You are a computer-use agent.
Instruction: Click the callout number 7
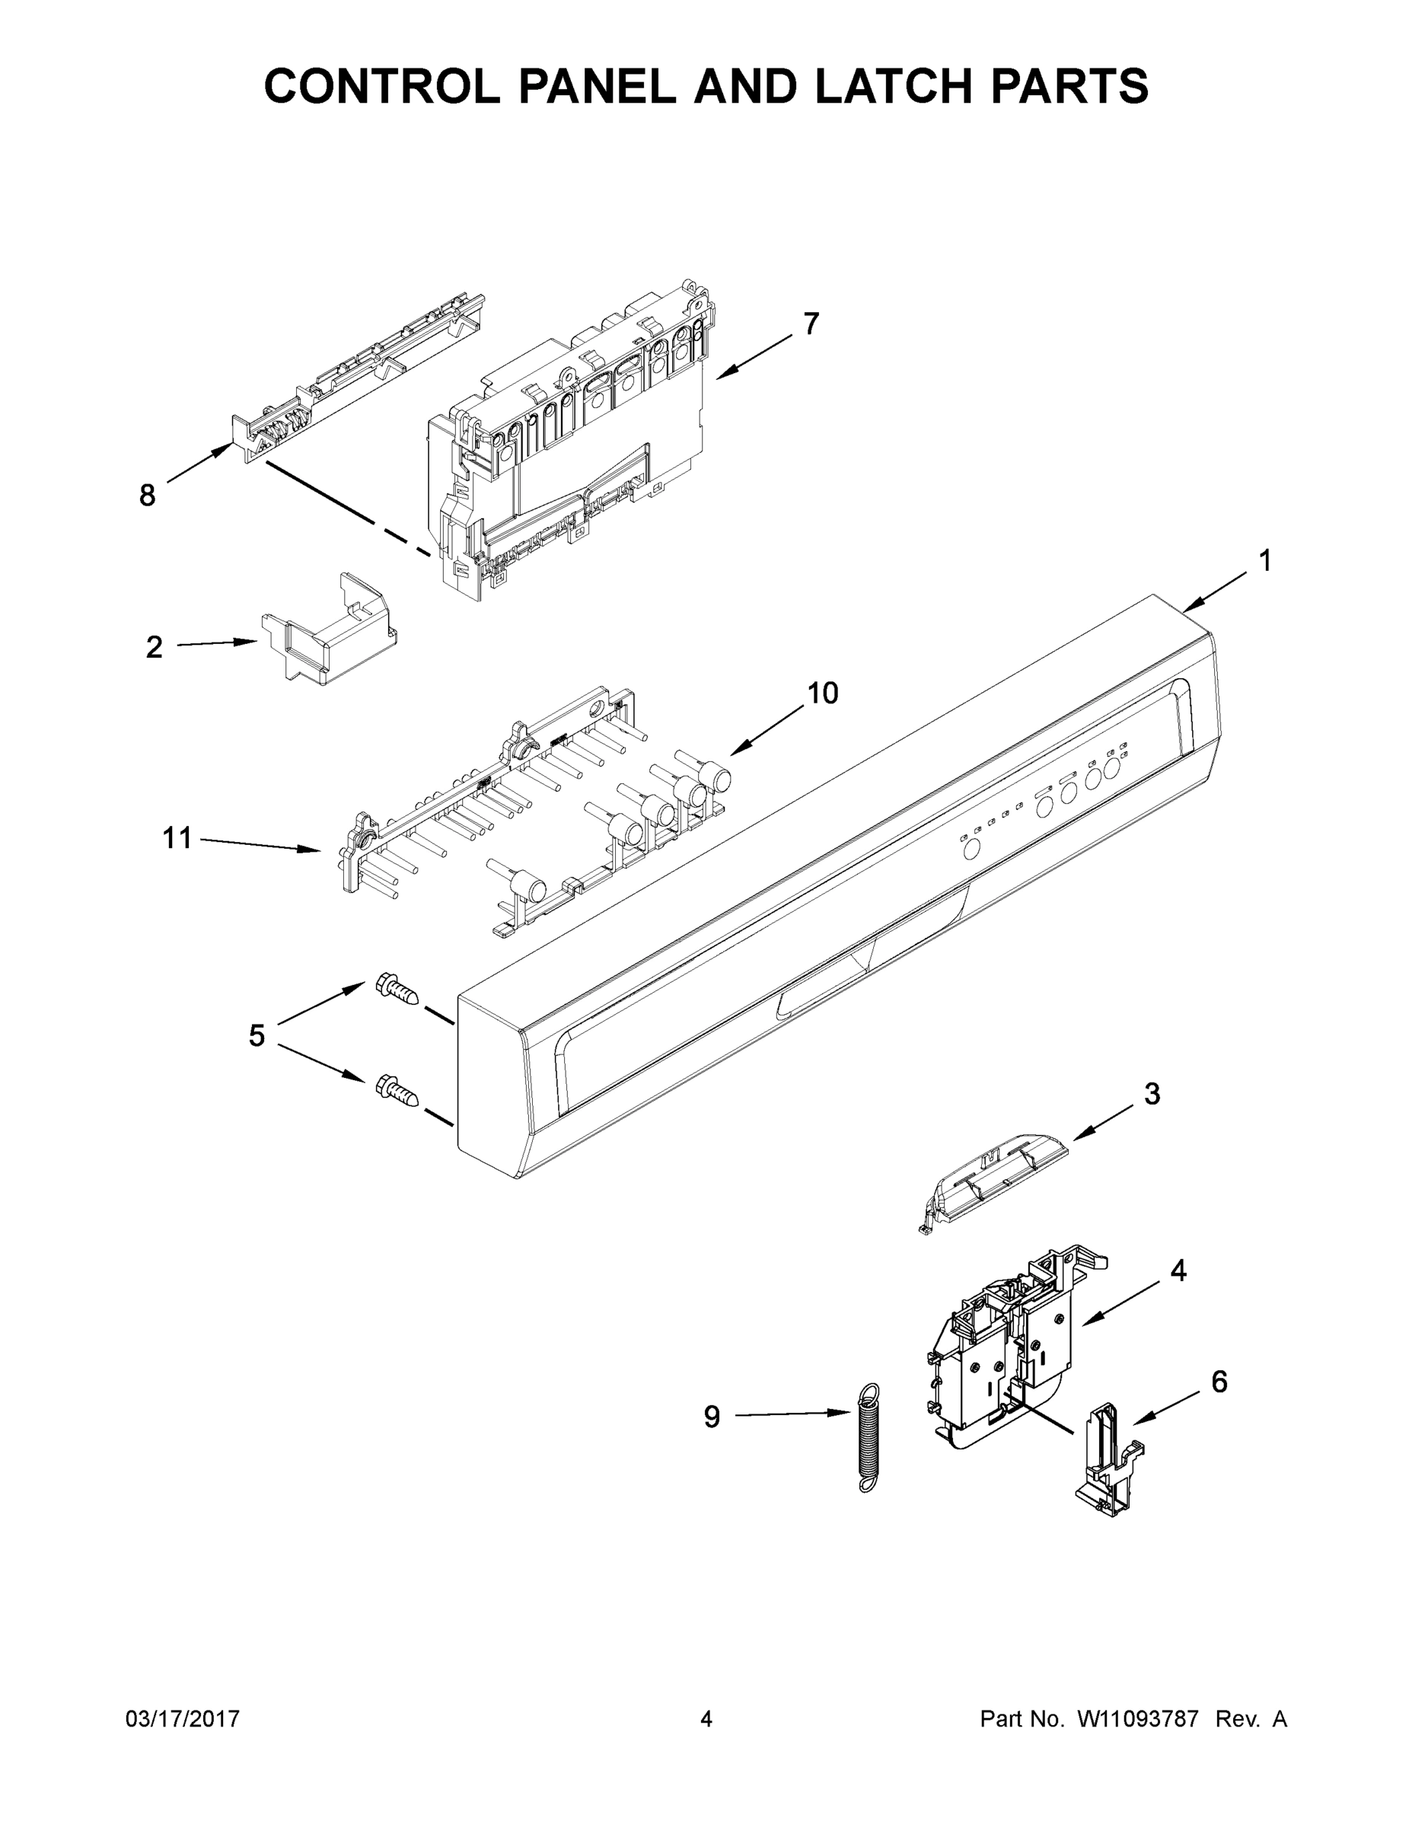click(811, 324)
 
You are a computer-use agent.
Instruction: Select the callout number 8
click(147, 496)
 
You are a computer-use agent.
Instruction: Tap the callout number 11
click(177, 837)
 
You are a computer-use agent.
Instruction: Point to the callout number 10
click(822, 693)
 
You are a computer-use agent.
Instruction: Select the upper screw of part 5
click(397, 990)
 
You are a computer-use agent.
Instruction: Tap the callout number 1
click(1266, 560)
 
